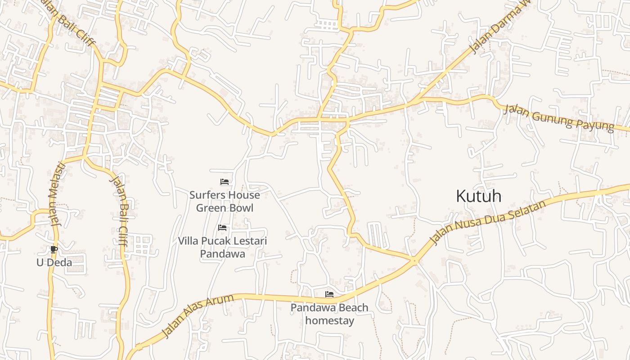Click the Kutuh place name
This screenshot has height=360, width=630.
(x=478, y=196)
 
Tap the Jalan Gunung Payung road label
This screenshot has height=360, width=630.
(x=558, y=117)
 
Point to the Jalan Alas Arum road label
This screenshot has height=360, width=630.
(x=198, y=315)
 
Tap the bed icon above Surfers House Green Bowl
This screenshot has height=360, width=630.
(x=225, y=182)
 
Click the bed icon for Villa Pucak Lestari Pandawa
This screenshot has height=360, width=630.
(x=222, y=228)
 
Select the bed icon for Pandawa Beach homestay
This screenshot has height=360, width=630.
(x=329, y=294)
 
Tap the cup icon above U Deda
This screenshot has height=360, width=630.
(x=54, y=249)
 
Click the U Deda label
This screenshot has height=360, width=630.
(x=54, y=262)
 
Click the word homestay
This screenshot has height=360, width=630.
(x=329, y=321)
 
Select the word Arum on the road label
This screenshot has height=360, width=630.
(x=221, y=303)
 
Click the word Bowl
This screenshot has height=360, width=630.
(x=242, y=208)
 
